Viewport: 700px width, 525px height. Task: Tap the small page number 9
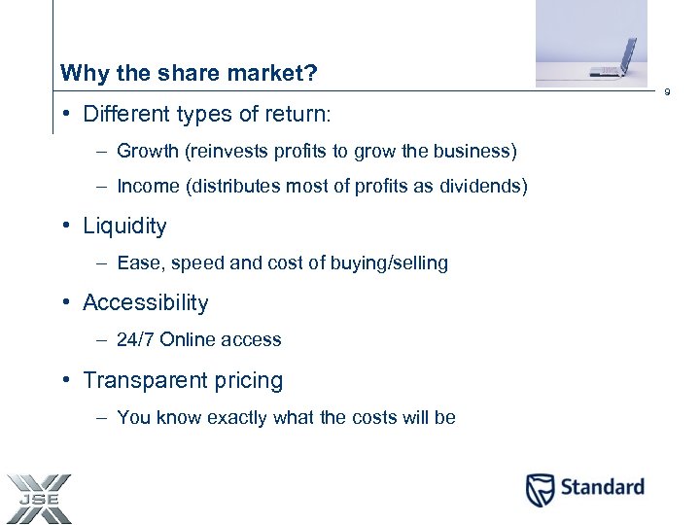[x=667, y=93]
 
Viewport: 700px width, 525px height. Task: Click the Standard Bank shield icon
[x=541, y=489]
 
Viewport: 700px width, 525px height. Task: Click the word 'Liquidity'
[x=124, y=227]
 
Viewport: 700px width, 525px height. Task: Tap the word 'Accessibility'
[x=146, y=303]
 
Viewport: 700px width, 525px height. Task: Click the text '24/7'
[x=135, y=340]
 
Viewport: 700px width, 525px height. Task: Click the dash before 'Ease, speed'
[x=102, y=263]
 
